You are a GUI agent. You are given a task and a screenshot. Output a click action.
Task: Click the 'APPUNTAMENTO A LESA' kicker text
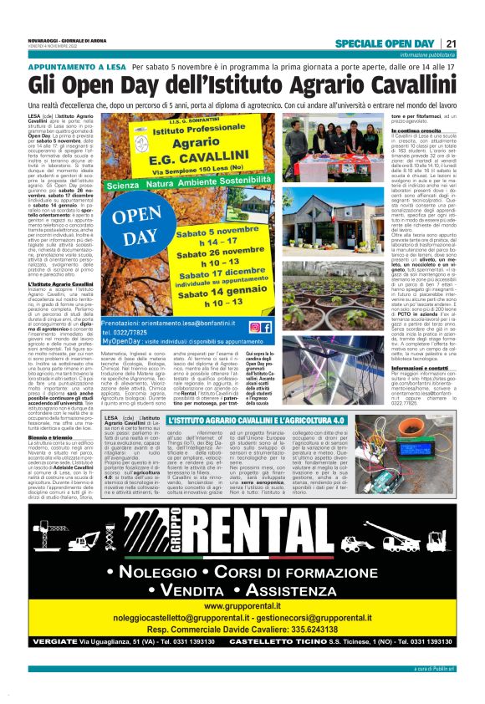(77, 66)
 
